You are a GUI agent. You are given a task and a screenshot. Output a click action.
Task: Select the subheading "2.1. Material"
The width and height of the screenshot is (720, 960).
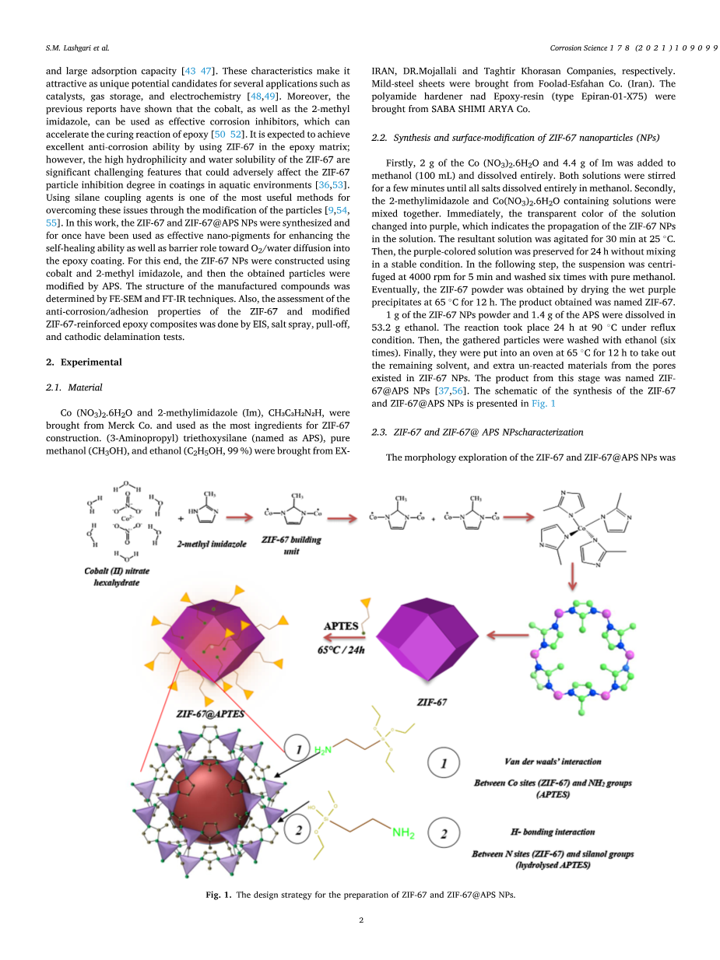(x=74, y=387)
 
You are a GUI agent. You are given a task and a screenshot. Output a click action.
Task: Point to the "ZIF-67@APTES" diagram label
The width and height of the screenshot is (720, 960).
(x=210, y=713)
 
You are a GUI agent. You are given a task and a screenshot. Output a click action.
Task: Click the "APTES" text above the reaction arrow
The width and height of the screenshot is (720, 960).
(x=341, y=626)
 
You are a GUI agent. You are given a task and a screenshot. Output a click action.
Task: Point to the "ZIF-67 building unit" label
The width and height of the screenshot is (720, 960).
(x=291, y=544)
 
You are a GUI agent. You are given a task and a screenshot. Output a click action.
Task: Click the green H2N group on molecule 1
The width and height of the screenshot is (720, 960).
(x=323, y=749)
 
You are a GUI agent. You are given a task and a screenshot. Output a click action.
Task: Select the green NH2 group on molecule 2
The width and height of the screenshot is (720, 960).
(x=403, y=833)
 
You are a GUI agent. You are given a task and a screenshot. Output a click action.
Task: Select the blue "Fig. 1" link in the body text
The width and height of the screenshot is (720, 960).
(x=543, y=403)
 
